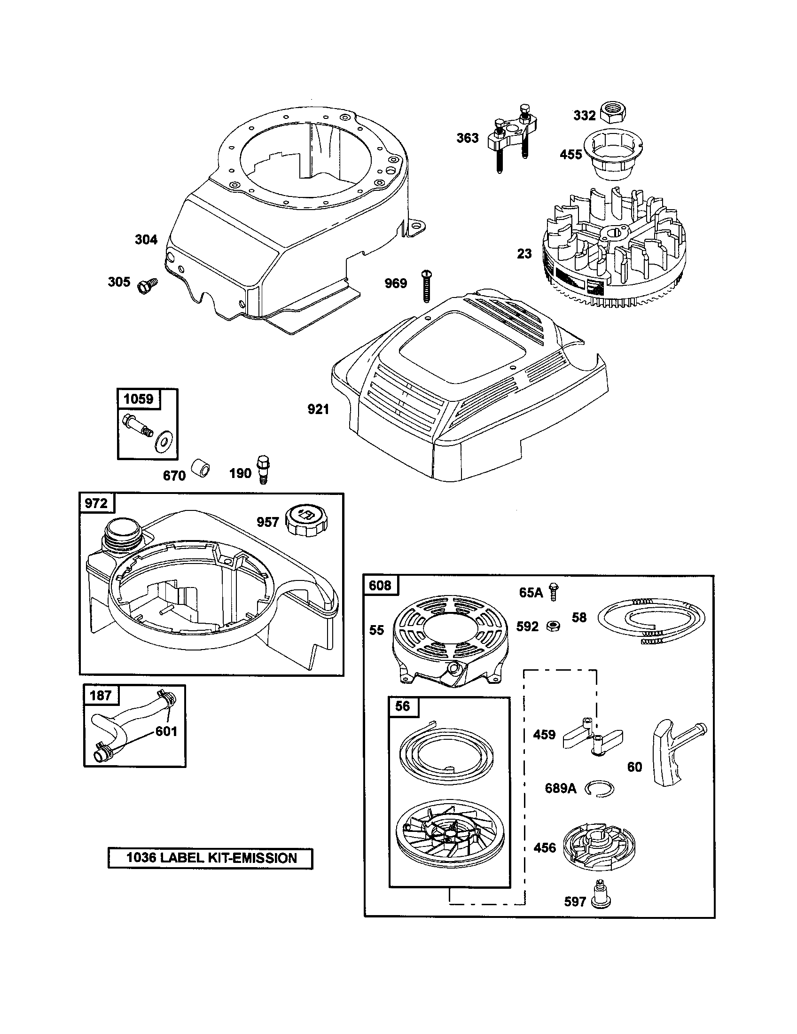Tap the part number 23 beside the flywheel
[524, 254]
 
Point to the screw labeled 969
[426, 285]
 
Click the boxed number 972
[96, 503]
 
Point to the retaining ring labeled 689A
[599, 789]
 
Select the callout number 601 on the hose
[166, 731]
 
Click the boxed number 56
[402, 706]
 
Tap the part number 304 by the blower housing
[146, 240]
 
